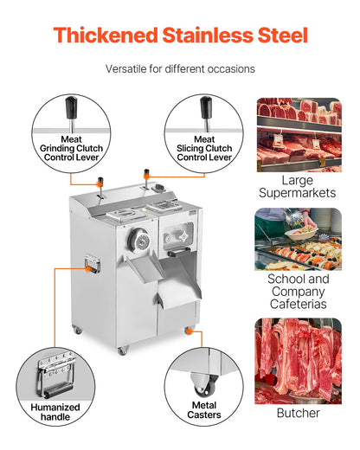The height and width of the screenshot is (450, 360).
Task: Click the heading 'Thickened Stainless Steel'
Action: click(180, 35)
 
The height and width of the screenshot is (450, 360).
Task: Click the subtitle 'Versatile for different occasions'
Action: click(180, 68)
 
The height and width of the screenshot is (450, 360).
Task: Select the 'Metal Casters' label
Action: click(203, 409)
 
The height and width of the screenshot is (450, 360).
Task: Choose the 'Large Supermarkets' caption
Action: click(297, 186)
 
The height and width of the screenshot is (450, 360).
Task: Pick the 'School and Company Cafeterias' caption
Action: click(297, 292)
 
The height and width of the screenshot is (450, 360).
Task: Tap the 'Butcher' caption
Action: click(297, 414)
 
